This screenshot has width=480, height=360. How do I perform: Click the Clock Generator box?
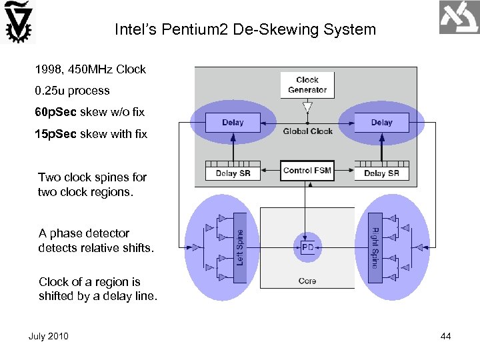click(x=307, y=85)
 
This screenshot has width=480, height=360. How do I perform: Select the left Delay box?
click(x=233, y=122)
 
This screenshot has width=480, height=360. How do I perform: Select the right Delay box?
click(x=381, y=122)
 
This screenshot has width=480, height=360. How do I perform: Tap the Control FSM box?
click(x=307, y=171)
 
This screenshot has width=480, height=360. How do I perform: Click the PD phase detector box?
click(x=307, y=247)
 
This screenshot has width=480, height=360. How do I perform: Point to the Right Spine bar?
click(x=375, y=247)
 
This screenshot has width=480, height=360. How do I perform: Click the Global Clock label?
click(x=307, y=131)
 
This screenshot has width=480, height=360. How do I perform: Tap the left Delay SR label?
click(x=233, y=174)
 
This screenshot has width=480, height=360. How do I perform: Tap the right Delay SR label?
click(x=381, y=174)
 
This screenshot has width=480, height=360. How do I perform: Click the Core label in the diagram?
click(x=307, y=281)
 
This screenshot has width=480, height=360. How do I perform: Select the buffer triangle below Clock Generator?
click(x=307, y=107)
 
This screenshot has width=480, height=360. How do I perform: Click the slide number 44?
click(x=446, y=336)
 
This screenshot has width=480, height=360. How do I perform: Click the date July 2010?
click(x=48, y=336)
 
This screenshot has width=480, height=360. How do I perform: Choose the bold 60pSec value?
click(x=56, y=111)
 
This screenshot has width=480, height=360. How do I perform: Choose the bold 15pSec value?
click(x=56, y=135)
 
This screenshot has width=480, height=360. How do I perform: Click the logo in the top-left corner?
click(x=18, y=22)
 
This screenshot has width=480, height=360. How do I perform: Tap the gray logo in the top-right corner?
click(x=459, y=17)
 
